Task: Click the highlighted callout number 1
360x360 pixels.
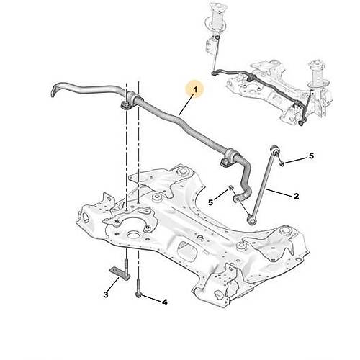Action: pyautogui.click(x=195, y=90)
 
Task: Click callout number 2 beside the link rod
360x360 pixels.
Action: pyautogui.click(x=297, y=196)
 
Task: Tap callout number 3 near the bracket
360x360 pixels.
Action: pyautogui.click(x=106, y=294)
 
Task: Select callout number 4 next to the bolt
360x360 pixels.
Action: pyautogui.click(x=164, y=302)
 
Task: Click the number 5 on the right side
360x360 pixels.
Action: pyautogui.click(x=311, y=156)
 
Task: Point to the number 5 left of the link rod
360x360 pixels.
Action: pyautogui.click(x=210, y=202)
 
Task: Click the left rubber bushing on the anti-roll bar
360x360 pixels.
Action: pyautogui.click(x=129, y=101)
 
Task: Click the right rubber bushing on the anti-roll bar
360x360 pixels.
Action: pyautogui.click(x=228, y=158)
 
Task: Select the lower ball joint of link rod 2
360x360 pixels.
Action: pyautogui.click(x=252, y=220)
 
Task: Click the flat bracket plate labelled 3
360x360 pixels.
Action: pyautogui.click(x=120, y=273)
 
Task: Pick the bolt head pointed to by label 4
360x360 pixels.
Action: pyautogui.click(x=139, y=294)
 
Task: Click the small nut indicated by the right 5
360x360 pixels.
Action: pyautogui.click(x=282, y=164)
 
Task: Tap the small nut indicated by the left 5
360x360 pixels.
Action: pyautogui.click(x=230, y=187)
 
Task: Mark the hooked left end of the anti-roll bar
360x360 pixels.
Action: pyautogui.click(x=54, y=91)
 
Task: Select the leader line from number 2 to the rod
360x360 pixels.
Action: pyautogui.click(x=279, y=192)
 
